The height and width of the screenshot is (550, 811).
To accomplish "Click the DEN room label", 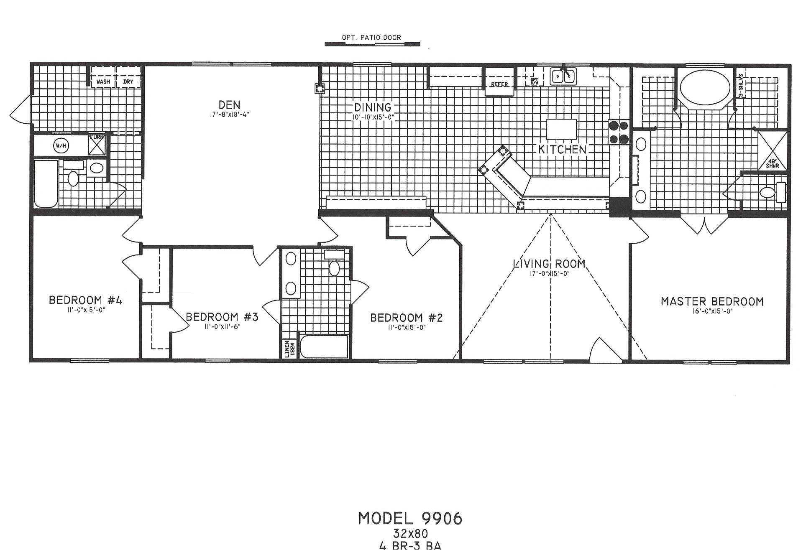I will tap(229, 104).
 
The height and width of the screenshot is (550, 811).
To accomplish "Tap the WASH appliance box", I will tap(103, 81).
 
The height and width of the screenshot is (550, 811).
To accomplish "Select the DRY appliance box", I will tap(128, 81).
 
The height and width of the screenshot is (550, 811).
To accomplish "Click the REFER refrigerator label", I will tap(499, 84).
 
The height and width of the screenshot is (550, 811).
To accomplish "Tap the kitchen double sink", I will tap(563, 76).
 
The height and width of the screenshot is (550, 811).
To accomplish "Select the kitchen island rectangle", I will tap(561, 129).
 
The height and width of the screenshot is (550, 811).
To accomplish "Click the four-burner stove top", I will tap(619, 132).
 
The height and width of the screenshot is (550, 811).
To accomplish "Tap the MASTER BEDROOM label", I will tap(712, 302).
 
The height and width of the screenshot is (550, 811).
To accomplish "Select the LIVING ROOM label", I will tap(549, 264).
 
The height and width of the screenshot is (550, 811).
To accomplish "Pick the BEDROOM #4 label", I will tap(85, 300).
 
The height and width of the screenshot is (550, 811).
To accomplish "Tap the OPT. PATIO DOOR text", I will tap(371, 38).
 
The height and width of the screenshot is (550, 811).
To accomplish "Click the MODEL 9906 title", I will tap(410, 519).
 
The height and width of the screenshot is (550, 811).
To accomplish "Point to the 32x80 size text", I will tap(410, 534).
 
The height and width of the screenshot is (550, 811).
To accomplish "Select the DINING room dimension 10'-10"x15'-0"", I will tap(373, 117).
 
